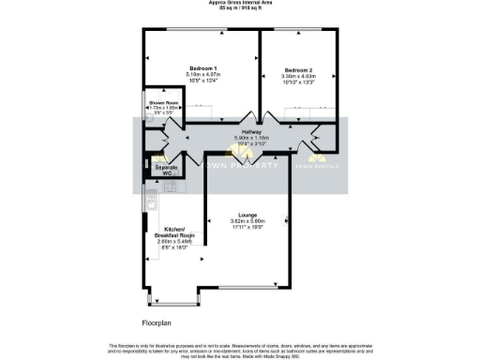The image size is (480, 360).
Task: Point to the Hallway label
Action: [x=250, y=132]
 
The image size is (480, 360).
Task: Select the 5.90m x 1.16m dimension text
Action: [x=250, y=138]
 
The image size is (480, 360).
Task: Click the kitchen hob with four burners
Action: [x=171, y=187]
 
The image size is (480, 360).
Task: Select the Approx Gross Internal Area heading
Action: [x=239, y=3]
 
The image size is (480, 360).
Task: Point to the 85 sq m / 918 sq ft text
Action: [x=239, y=8]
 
